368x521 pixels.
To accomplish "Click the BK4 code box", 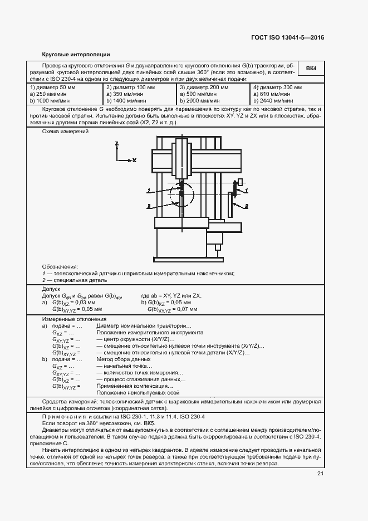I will tap(311, 69).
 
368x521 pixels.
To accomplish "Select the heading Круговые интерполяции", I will tap(76, 54).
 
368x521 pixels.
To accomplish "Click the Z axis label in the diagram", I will tap(117, 144).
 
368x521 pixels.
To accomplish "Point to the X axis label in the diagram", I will tap(134, 160).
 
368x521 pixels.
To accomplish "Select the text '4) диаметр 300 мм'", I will tap(277, 88).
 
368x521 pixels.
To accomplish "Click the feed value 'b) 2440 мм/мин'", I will tap(274, 100).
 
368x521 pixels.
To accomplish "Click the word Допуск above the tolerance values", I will tap(52, 289).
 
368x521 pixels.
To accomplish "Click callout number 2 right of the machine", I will tap(246, 206).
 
